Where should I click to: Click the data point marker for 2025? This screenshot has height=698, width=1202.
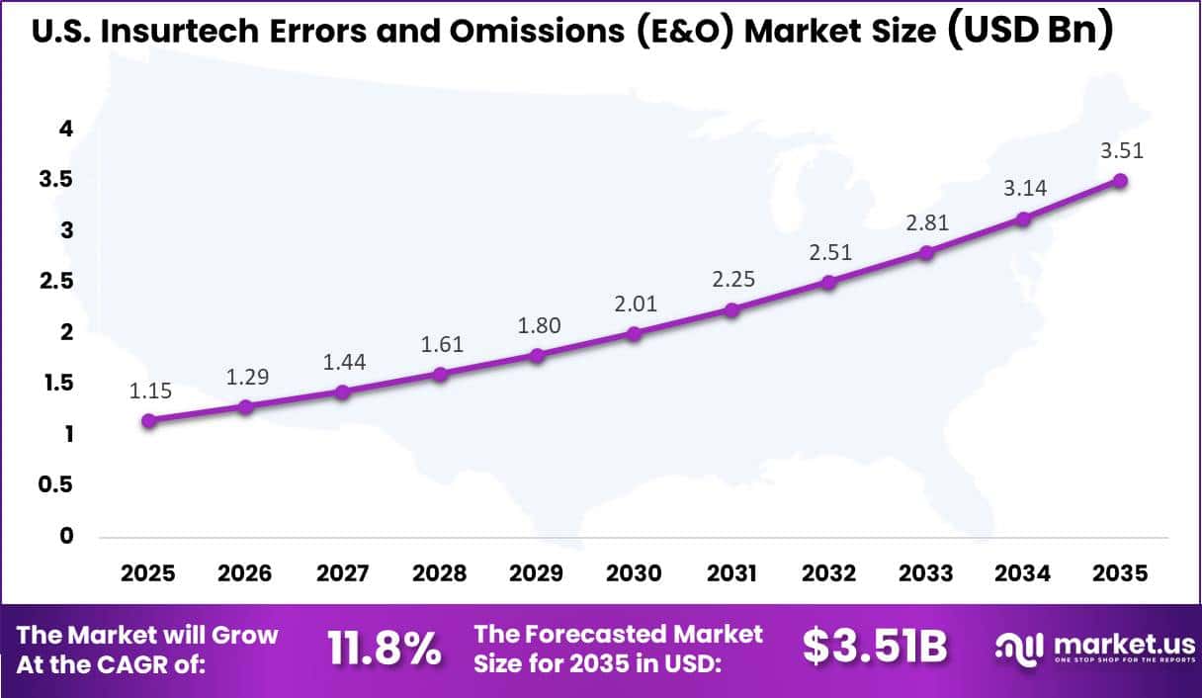pyautogui.click(x=149, y=420)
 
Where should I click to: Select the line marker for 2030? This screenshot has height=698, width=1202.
pyautogui.click(x=635, y=333)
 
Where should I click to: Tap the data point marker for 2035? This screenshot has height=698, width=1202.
pyautogui.click(x=1120, y=180)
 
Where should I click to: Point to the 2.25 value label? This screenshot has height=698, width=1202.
pyautogui.click(x=731, y=280)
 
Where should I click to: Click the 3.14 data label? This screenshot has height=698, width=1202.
pyautogui.click(x=1023, y=189)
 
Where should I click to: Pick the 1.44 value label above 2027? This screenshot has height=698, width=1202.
pyautogui.click(x=344, y=362)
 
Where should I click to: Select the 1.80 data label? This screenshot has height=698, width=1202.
pyautogui.click(x=538, y=325)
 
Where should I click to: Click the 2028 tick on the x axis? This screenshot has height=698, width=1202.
pyautogui.click(x=440, y=573)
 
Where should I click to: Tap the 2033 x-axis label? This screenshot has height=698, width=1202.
pyautogui.click(x=925, y=573)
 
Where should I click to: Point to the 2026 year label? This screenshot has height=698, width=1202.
pyautogui.click(x=246, y=573)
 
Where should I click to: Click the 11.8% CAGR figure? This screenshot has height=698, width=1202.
pyautogui.click(x=384, y=649)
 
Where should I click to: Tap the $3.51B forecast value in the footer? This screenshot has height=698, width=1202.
pyautogui.click(x=875, y=648)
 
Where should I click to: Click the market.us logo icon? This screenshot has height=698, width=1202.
pyautogui.click(x=1018, y=649)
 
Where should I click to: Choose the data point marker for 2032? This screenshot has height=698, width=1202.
pyautogui.click(x=828, y=282)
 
